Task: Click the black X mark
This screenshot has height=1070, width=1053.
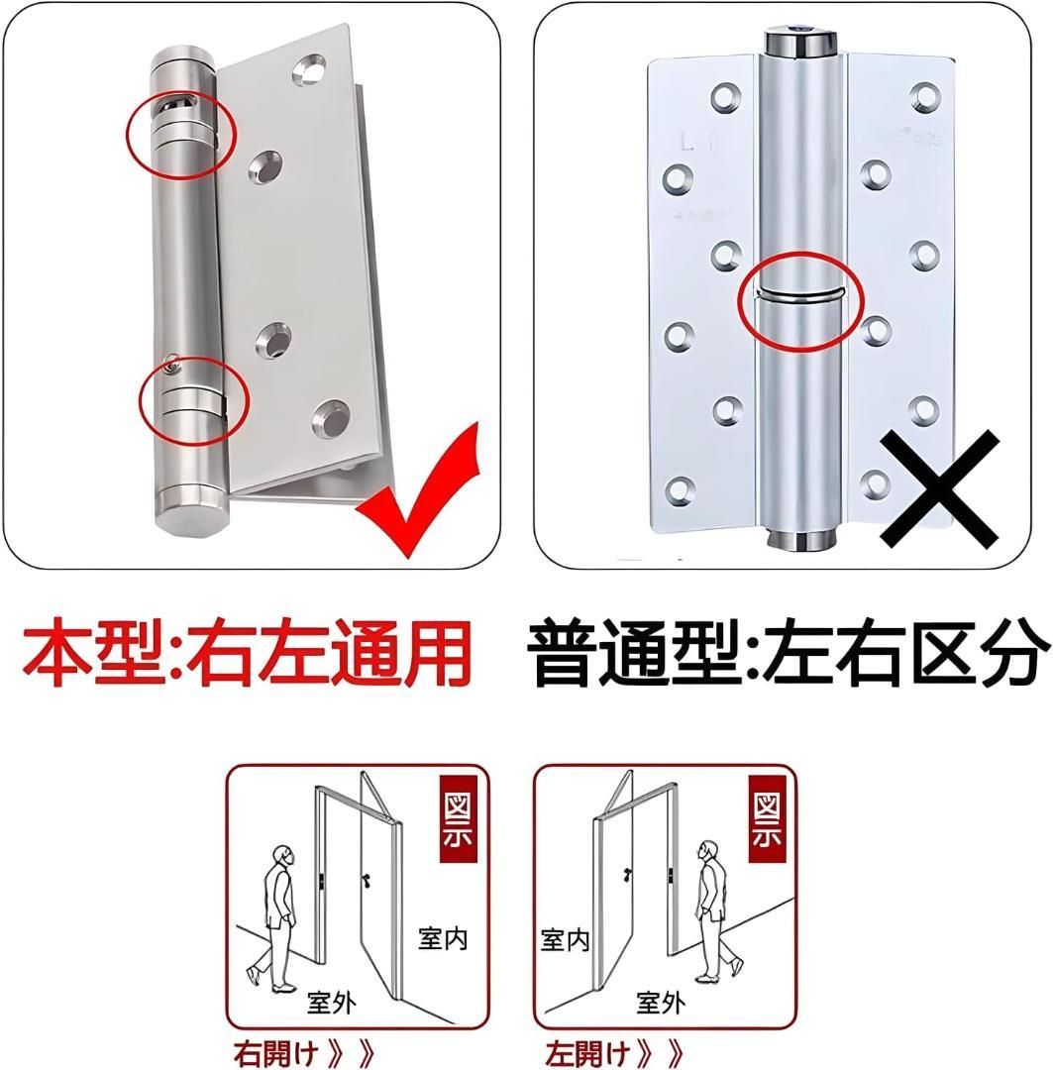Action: (x=940, y=488)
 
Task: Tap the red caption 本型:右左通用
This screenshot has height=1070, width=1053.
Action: (x=247, y=652)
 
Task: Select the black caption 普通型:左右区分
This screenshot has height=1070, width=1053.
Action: (x=788, y=652)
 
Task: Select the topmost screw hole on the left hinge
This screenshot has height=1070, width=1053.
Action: (x=309, y=71)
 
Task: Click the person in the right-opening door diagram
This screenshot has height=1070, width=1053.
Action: (x=277, y=918)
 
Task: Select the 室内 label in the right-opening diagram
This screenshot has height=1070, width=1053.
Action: (x=443, y=939)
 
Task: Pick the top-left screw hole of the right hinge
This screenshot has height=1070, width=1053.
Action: (x=725, y=97)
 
